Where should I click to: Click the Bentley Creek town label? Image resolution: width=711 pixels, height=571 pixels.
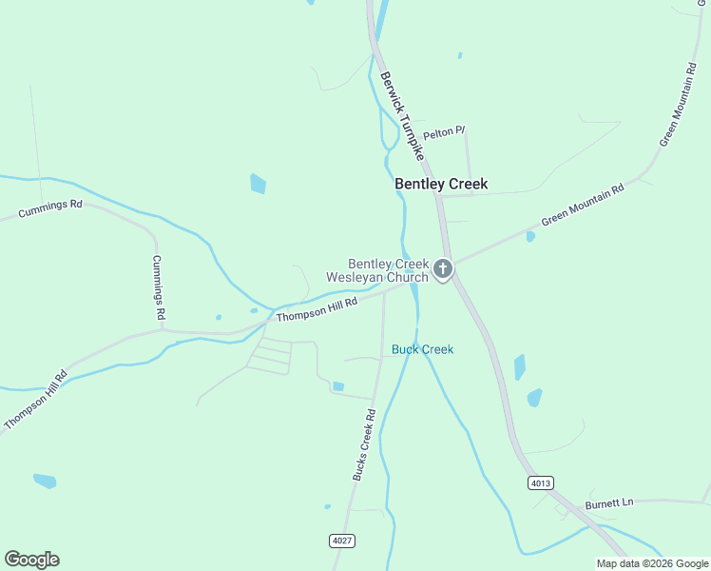click(x=441, y=185)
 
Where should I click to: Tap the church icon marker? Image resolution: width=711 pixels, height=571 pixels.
click(x=442, y=270)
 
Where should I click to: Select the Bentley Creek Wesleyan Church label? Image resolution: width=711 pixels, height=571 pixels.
click(x=378, y=270)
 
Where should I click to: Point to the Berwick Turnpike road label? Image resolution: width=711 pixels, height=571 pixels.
click(x=400, y=114)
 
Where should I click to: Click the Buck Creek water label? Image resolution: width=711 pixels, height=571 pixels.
click(x=422, y=349)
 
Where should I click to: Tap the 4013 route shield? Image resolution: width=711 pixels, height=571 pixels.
click(x=540, y=483)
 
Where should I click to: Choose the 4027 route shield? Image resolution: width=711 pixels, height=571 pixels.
click(x=342, y=541)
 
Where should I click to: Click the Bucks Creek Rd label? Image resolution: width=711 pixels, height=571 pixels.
click(x=365, y=444)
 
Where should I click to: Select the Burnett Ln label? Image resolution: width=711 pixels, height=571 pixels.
click(x=609, y=502)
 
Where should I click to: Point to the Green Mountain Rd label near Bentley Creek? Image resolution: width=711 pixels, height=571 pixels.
click(x=583, y=205)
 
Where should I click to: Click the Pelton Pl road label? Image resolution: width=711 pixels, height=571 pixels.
click(x=443, y=133)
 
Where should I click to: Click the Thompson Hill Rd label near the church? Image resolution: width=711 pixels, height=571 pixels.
click(x=317, y=308)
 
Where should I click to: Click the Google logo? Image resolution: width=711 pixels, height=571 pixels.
click(x=31, y=560)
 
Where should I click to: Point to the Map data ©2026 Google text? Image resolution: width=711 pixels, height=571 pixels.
click(x=651, y=563)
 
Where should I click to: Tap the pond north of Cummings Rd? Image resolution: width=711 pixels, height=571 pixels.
click(x=258, y=183)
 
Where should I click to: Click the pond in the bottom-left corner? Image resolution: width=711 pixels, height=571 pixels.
click(x=45, y=481)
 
